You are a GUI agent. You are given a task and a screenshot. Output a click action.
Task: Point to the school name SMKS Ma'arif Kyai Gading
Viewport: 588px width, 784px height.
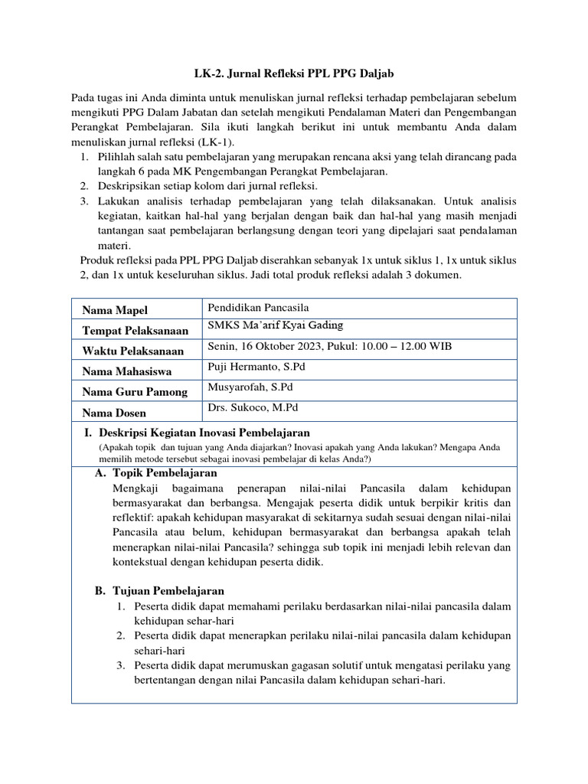[x=276, y=326]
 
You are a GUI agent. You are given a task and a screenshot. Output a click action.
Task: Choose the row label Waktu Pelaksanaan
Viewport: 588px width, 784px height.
[x=133, y=351]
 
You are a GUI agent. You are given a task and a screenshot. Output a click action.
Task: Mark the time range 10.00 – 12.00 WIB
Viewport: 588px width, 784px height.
[x=408, y=346]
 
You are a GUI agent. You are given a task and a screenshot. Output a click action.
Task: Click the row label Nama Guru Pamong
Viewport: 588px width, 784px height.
[x=135, y=392]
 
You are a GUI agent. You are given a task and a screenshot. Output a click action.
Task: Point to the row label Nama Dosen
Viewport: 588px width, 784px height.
[x=115, y=413]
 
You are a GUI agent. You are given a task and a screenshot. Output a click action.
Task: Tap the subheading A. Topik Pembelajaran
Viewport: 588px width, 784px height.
[x=158, y=474]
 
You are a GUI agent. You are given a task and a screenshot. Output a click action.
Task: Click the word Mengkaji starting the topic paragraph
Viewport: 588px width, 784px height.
[x=137, y=488]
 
